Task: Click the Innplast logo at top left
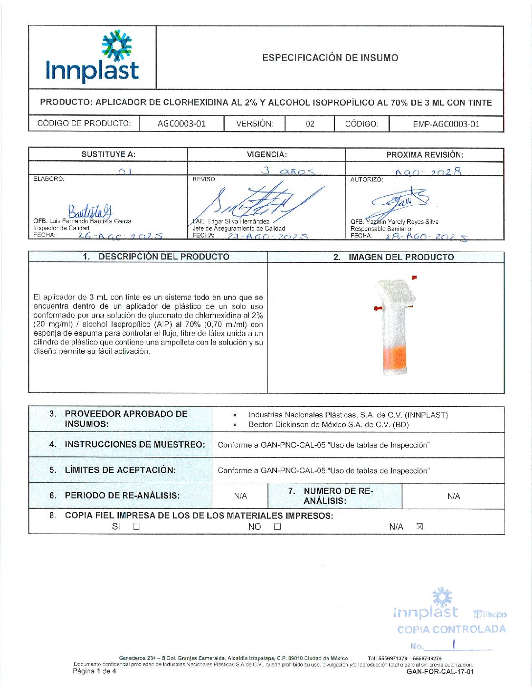tap(92, 57)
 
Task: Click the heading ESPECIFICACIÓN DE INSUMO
tap(330, 58)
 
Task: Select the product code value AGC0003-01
tap(181, 124)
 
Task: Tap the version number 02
tap(310, 124)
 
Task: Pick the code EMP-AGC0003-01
tap(446, 124)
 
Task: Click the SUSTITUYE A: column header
tap(108, 154)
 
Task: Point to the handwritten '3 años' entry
tap(288, 171)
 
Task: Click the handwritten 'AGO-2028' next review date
tap(428, 172)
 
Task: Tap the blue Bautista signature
tap(90, 211)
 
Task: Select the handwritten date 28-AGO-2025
tap(426, 236)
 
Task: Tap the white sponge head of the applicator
tap(396, 292)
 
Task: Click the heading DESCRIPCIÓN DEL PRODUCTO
tap(163, 257)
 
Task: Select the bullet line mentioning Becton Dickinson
tap(328, 425)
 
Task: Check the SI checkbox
tap(136, 526)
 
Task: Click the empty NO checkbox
tap(277, 526)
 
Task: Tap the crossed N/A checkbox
tap(419, 526)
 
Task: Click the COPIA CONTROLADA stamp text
tap(451, 629)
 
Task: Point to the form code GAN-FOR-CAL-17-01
tap(440, 671)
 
